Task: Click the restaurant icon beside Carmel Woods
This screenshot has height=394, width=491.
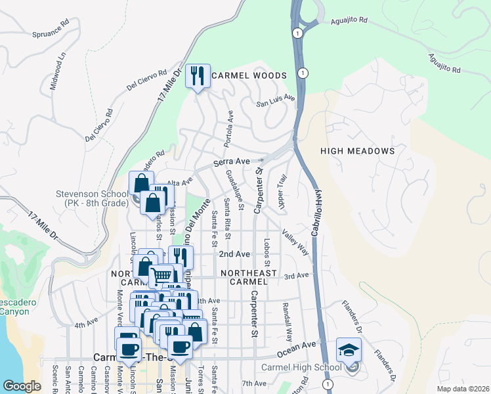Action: pos(198,77)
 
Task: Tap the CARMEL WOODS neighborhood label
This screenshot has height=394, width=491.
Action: pos(249,76)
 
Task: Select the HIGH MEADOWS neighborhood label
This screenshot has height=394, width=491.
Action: pos(357,151)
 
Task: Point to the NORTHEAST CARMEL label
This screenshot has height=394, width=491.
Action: pos(249,278)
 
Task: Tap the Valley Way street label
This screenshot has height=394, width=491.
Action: pos(295,242)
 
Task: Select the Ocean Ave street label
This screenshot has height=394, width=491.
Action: pos(303,345)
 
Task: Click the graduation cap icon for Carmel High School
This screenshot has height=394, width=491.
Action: pos(349,350)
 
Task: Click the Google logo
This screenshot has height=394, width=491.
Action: pos(22,385)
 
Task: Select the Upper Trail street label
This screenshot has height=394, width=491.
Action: pos(282,193)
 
